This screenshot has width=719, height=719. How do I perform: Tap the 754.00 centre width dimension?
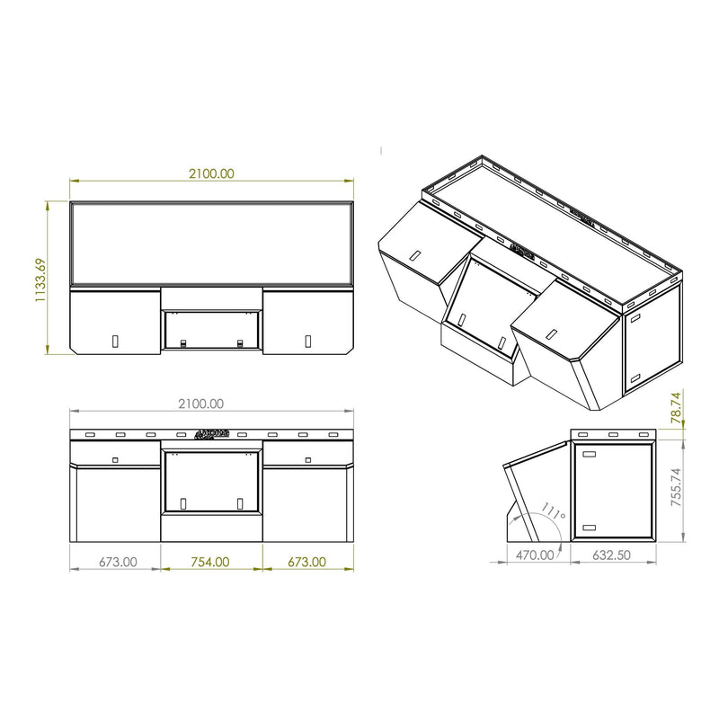point(210,562)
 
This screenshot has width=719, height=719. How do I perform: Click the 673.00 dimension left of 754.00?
point(117,562)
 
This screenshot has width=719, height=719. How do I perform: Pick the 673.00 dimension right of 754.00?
point(306,562)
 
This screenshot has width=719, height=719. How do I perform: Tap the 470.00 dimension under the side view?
point(536,555)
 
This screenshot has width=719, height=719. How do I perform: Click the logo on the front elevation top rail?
point(211,434)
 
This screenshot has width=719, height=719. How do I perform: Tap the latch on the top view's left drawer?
point(115,341)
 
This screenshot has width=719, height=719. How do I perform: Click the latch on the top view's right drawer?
point(307,341)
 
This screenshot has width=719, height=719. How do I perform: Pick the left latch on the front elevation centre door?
point(182,504)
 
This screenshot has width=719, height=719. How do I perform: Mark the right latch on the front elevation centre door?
point(240,504)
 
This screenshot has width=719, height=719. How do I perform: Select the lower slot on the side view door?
point(590,527)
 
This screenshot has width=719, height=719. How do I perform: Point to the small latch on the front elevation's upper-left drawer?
point(115,459)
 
